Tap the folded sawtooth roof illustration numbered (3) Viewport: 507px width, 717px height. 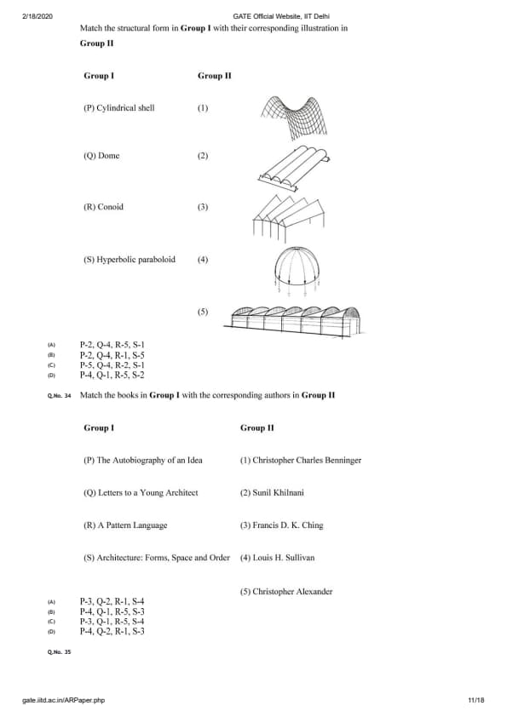tap(289, 219)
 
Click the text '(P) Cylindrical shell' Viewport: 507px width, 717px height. tap(119, 108)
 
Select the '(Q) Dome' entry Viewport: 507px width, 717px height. tap(101, 156)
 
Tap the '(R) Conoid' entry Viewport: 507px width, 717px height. tap(103, 207)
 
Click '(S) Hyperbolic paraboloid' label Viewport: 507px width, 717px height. tap(130, 259)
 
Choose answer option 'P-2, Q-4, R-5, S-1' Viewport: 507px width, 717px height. tap(112, 345)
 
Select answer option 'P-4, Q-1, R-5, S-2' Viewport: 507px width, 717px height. tap(112, 375)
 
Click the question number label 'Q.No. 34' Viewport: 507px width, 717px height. tap(59, 396)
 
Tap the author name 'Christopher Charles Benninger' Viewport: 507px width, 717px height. tap(307, 460)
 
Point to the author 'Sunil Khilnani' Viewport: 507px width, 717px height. tap(278, 492)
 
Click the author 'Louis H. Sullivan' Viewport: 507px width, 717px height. tap(284, 558)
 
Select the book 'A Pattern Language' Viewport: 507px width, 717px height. tap(132, 525)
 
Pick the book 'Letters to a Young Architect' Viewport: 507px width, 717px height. tap(148, 492)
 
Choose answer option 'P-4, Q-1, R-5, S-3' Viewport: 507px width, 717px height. tap(112, 611)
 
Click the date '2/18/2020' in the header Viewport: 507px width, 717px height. tap(37, 16)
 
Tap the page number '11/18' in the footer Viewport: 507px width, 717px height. tap(476, 700)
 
